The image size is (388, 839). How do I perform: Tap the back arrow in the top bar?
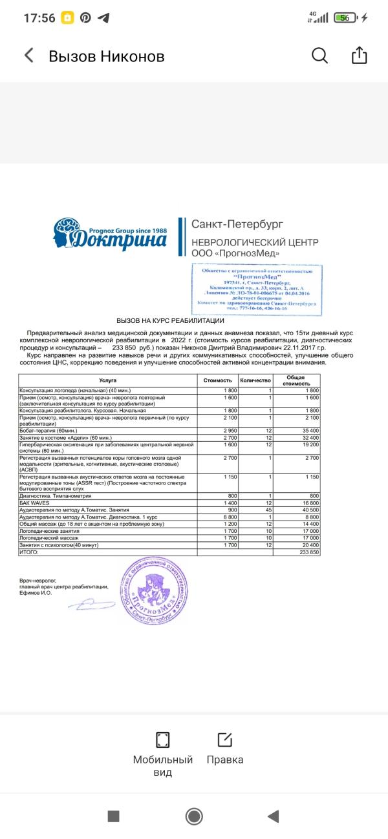tap(28, 56)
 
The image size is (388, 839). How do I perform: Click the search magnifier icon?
tap(320, 56)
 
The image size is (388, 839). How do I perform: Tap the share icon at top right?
tap(359, 56)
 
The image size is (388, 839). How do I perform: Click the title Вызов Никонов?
tap(106, 56)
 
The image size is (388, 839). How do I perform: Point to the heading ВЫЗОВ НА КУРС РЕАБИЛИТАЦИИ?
tap(170, 321)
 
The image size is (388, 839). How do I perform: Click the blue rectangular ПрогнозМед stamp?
tap(257, 289)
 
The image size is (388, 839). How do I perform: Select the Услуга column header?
tap(108, 380)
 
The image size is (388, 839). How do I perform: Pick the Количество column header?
tap(255, 380)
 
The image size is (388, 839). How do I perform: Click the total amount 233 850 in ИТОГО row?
tap(309, 553)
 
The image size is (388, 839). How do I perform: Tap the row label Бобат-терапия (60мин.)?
tap(49, 430)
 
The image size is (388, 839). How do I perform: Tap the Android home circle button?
tap(194, 816)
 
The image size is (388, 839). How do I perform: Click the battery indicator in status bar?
tap(347, 18)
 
